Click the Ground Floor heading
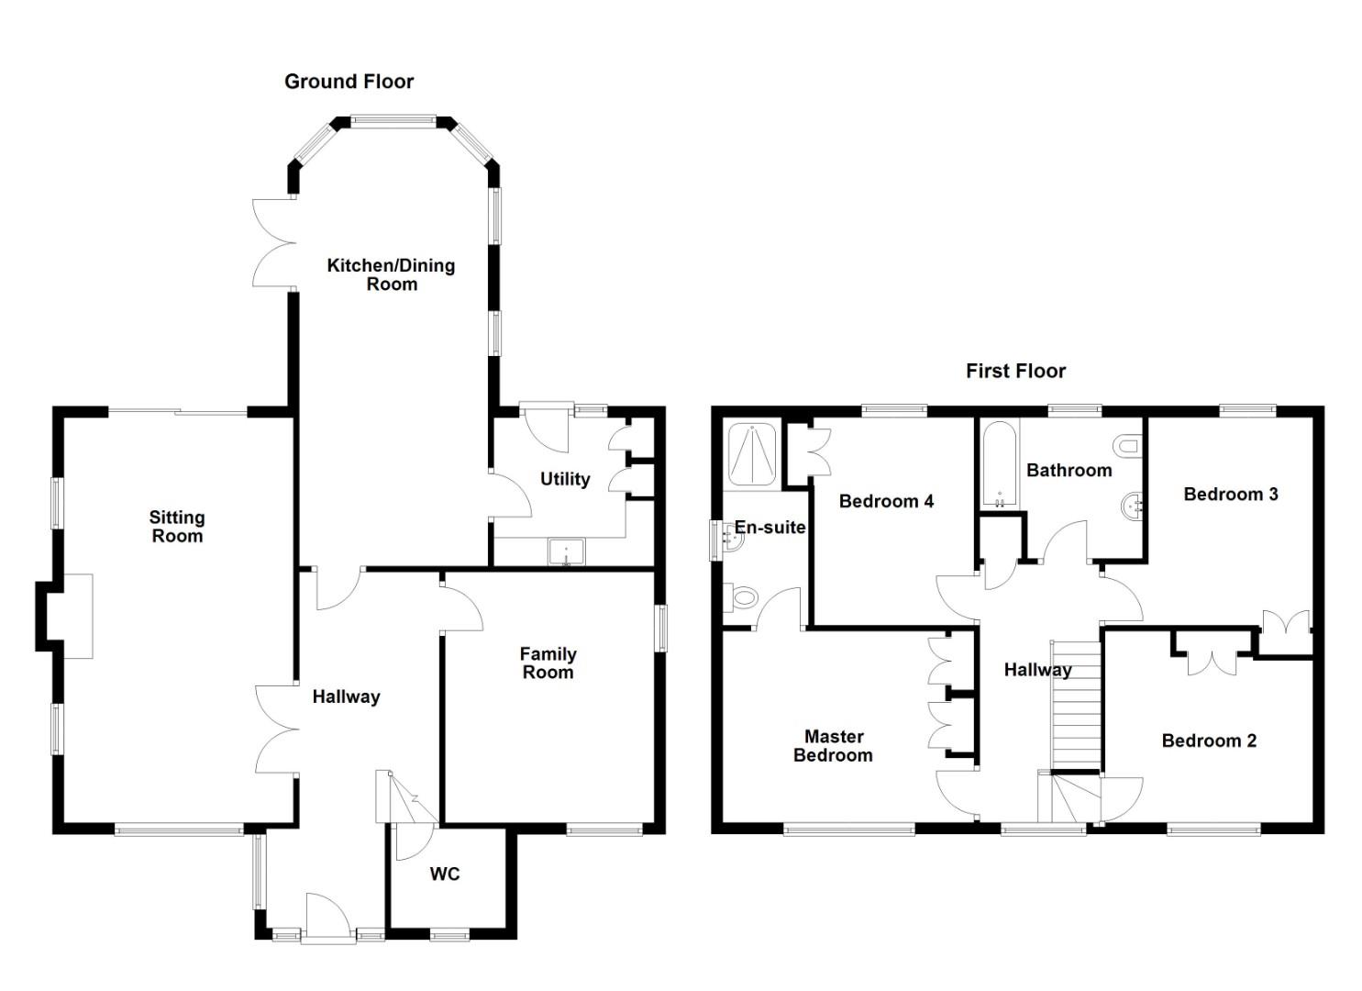pyautogui.click(x=349, y=82)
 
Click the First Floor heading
pyautogui.click(x=1015, y=372)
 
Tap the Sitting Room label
pyautogui.click(x=177, y=527)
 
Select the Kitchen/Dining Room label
pyautogui.click(x=392, y=274)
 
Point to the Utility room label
pyautogui.click(x=565, y=479)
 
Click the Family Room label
pyautogui.click(x=548, y=663)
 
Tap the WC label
pyautogui.click(x=445, y=874)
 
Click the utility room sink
pyautogui.click(x=566, y=552)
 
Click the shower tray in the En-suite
pyautogui.click(x=752, y=452)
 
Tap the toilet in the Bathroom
pyautogui.click(x=1127, y=447)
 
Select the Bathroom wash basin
pyautogui.click(x=1133, y=506)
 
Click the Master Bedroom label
pyautogui.click(x=833, y=746)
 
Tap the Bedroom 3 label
pyautogui.click(x=1230, y=495)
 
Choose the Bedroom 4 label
pyautogui.click(x=886, y=501)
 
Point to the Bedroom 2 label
pyautogui.click(x=1209, y=740)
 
